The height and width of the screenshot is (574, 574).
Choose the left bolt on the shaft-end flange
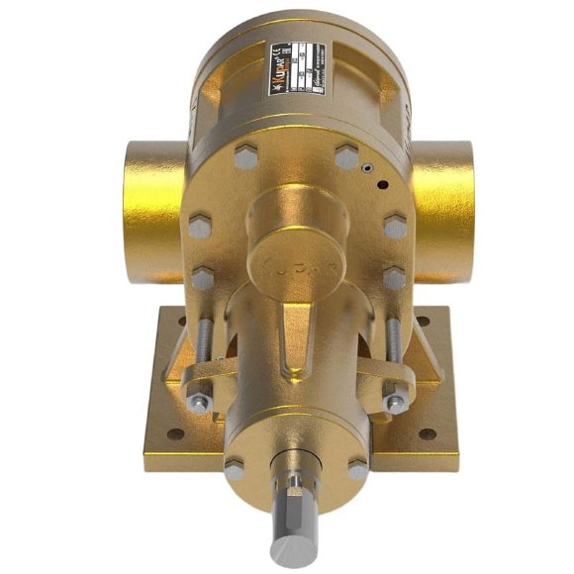[234, 469]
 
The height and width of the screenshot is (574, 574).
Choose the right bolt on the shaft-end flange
[357, 469]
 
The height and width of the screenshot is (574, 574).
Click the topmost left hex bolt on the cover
[244, 155]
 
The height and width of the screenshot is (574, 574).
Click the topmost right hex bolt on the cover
[346, 155]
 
